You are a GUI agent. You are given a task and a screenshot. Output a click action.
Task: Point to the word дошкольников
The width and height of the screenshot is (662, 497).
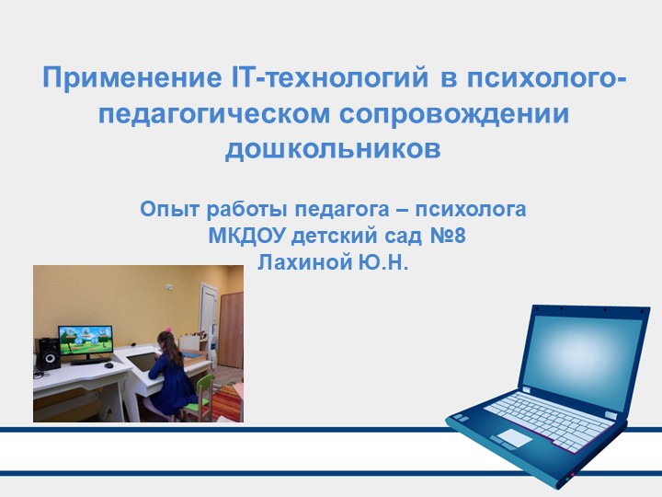coord(333,147)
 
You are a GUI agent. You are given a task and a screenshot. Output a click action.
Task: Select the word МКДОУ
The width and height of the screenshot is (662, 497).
coord(245,237)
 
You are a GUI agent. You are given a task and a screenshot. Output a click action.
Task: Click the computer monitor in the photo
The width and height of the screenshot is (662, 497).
coord(85,341)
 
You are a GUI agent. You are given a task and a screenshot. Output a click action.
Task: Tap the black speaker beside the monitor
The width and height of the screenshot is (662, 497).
coord(47,353)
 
